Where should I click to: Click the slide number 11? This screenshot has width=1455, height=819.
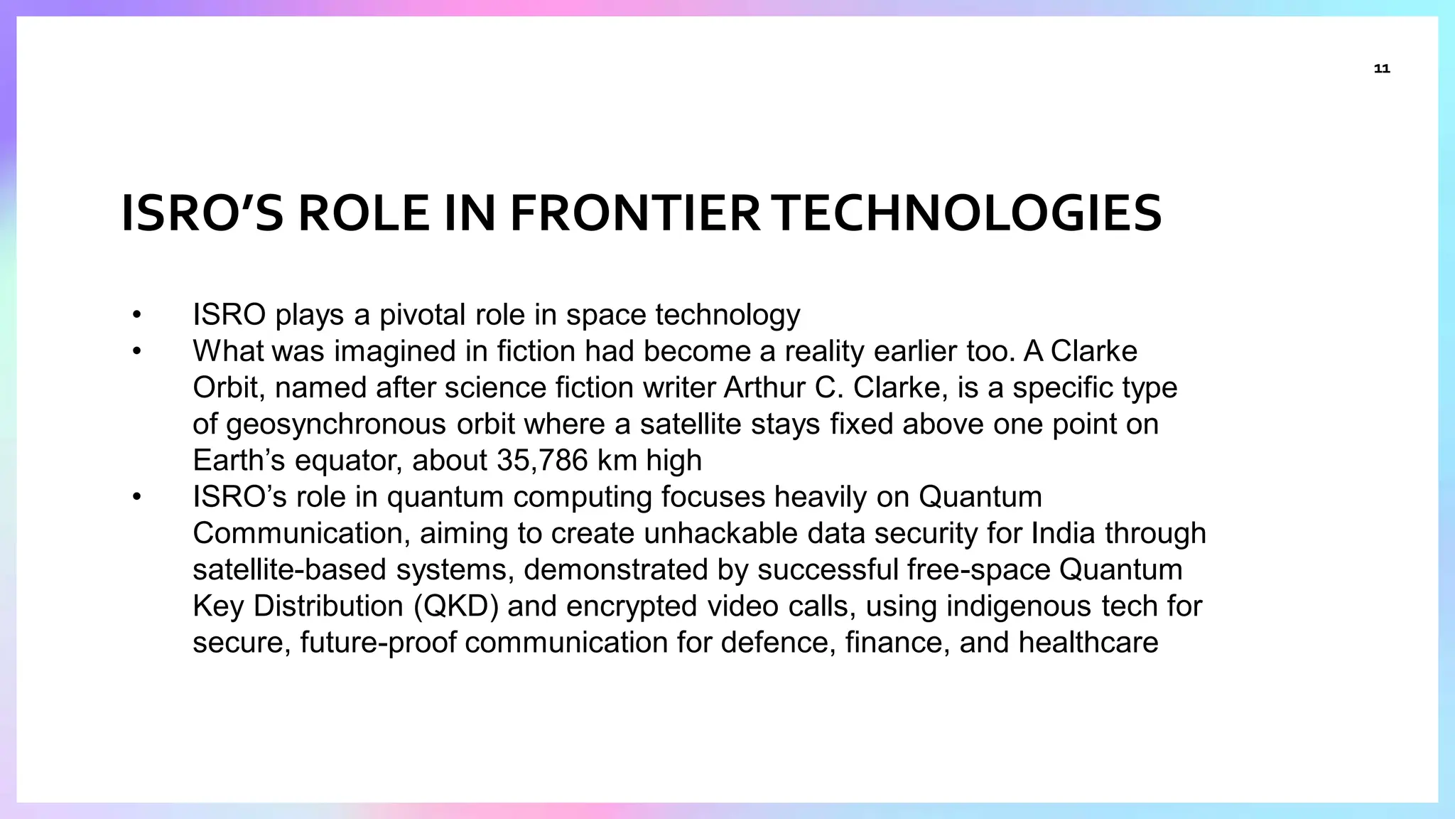(1381, 69)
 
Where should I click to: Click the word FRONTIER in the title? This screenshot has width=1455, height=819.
(635, 214)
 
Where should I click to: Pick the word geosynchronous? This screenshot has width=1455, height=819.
(336, 424)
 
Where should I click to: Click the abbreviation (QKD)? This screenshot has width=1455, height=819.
(455, 606)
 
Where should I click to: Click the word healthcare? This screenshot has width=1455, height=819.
(1088, 643)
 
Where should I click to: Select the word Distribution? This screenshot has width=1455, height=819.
(328, 606)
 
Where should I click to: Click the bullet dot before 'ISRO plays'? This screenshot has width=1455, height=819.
(136, 315)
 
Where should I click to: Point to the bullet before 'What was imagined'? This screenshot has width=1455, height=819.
(136, 351)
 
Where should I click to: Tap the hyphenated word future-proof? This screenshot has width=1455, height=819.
(379, 643)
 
